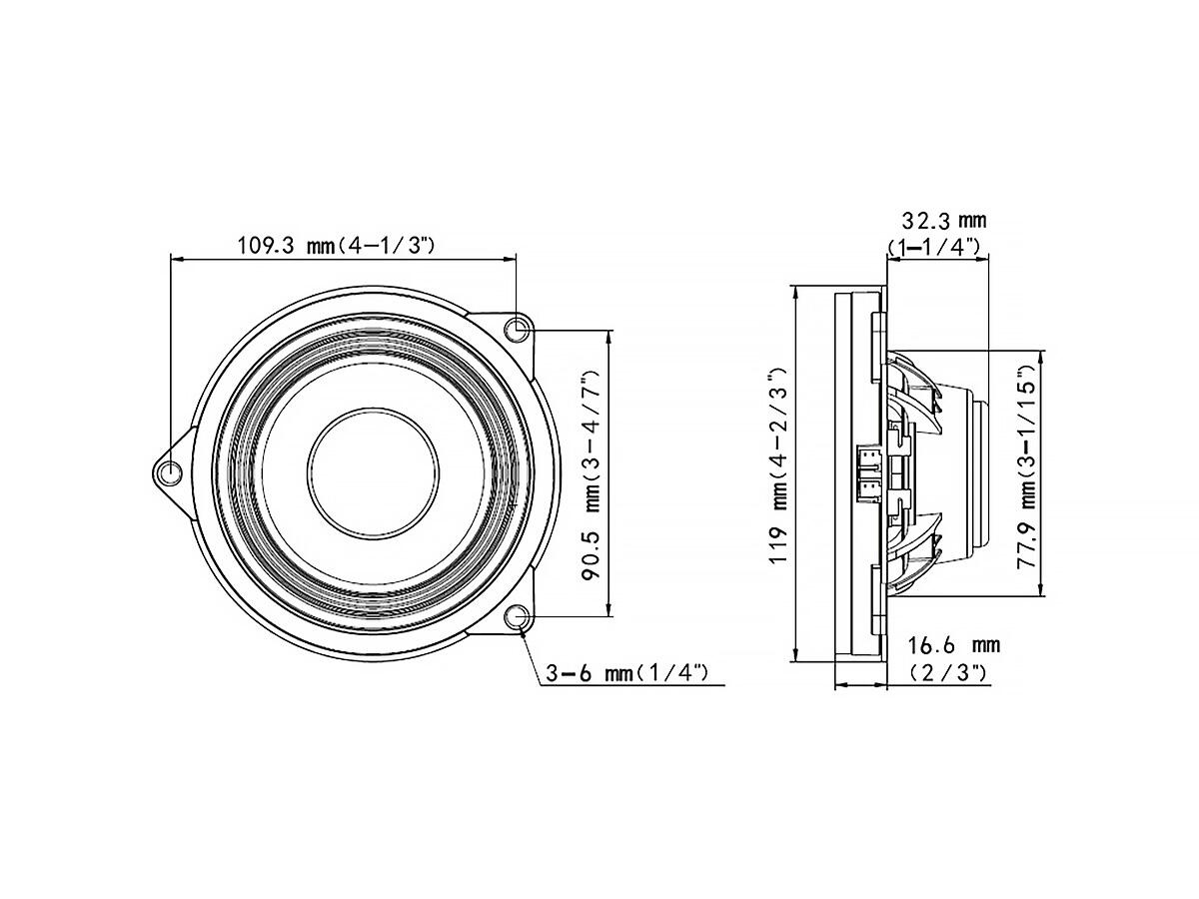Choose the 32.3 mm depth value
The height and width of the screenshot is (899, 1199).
click(944, 221)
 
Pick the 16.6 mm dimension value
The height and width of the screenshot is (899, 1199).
click(954, 645)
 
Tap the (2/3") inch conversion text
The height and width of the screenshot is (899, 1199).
click(949, 672)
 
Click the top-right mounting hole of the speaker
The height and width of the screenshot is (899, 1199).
click(517, 330)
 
